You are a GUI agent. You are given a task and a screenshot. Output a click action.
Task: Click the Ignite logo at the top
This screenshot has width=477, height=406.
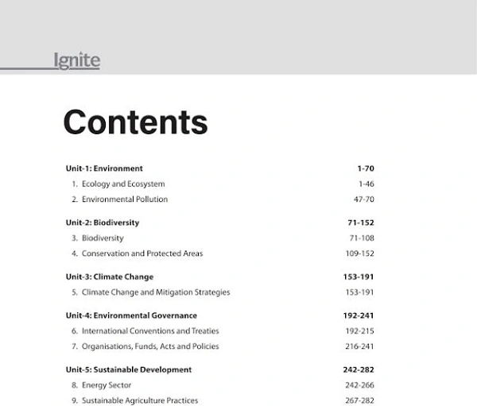pyautogui.click(x=76, y=60)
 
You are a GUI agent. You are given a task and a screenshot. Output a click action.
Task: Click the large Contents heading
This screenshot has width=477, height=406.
pyautogui.click(x=135, y=122)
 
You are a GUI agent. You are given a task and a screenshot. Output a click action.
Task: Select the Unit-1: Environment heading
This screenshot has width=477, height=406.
pyautogui.click(x=104, y=168)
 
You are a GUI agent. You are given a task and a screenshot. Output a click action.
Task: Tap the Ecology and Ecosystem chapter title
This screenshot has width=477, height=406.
pyautogui.click(x=123, y=184)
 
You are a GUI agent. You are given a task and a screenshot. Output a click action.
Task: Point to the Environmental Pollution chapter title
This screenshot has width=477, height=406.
pyautogui.click(x=125, y=199)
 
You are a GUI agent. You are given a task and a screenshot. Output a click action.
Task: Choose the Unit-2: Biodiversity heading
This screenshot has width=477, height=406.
pyautogui.click(x=103, y=222)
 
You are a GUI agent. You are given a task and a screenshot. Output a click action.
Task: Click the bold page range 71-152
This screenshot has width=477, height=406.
pyautogui.click(x=360, y=222)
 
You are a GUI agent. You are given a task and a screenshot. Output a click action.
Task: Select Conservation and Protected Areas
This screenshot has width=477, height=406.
pyautogui.click(x=142, y=253)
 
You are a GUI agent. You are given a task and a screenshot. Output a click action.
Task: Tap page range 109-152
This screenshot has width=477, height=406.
pyautogui.click(x=359, y=253)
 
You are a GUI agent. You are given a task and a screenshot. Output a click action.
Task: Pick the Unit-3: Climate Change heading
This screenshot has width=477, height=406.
pyautogui.click(x=110, y=276)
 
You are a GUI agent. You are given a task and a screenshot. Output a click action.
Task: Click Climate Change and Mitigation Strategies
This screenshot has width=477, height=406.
pyautogui.click(x=156, y=292)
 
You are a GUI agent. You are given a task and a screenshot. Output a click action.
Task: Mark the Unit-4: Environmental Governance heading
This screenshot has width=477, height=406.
pyautogui.click(x=131, y=315)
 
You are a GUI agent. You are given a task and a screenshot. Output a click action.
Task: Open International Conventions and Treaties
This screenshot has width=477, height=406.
pyautogui.click(x=150, y=331)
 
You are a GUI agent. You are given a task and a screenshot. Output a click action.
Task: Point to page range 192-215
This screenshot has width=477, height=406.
pyautogui.click(x=359, y=331)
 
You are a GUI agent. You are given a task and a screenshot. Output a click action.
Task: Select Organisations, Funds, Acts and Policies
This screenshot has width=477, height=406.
pyautogui.click(x=150, y=346)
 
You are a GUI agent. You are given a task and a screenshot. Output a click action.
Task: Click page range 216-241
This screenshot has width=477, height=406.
pyautogui.click(x=359, y=346)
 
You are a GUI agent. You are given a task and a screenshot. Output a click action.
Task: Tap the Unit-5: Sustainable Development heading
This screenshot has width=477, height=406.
pyautogui.click(x=129, y=369)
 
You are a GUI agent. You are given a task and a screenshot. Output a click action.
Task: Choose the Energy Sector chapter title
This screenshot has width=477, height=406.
pyautogui.click(x=107, y=385)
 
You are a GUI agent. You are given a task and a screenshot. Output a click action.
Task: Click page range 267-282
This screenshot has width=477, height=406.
pyautogui.click(x=359, y=400)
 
